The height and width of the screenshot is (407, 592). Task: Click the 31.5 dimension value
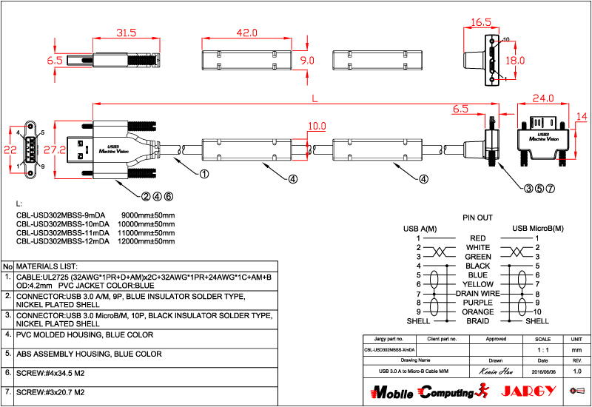[127, 33]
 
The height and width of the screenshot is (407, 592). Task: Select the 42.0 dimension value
[246, 33]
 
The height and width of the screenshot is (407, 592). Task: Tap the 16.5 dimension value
[481, 23]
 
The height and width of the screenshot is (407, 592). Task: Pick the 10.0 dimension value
[317, 126]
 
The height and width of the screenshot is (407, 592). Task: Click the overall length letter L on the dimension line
[315, 97]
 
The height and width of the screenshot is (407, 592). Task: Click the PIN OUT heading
[477, 218]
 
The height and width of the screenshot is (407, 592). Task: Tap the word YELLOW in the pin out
[478, 284]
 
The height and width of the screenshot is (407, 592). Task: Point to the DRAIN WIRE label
[478, 294]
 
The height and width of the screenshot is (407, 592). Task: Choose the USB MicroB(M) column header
[537, 228]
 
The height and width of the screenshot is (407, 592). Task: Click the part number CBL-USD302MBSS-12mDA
[62, 241]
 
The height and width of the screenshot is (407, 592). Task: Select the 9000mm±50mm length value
[148, 215]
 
